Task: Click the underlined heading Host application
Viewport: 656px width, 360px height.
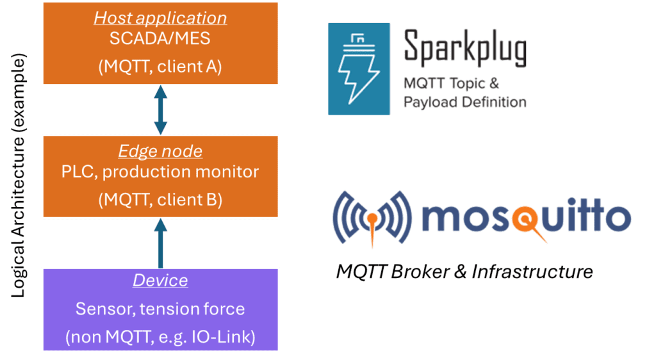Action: [x=160, y=17]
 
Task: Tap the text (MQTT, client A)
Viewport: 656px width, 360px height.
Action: [x=160, y=66]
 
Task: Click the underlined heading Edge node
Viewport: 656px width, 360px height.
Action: [x=160, y=151]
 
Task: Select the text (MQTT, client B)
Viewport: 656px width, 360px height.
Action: [x=160, y=199]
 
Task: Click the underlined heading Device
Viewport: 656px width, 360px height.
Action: [x=160, y=281]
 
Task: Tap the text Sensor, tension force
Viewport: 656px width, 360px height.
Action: [x=160, y=309]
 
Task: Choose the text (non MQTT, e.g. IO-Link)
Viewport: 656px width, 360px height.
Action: [x=160, y=336]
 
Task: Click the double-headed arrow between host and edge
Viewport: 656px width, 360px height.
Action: [x=160, y=110]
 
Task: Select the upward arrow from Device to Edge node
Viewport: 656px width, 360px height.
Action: [x=160, y=244]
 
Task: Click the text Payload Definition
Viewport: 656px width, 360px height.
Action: [x=464, y=102]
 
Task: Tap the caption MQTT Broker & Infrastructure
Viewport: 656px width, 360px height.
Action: [x=464, y=272]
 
